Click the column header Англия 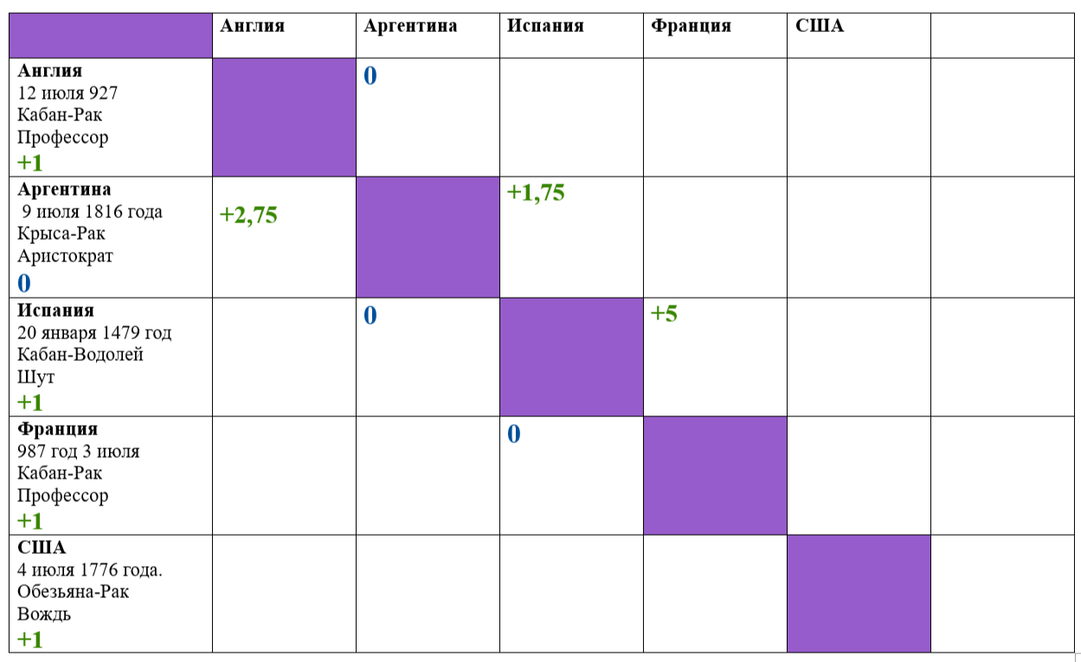tap(253, 27)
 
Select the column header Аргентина tap(410, 27)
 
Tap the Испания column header tap(545, 26)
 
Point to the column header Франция tap(691, 26)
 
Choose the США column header tap(820, 26)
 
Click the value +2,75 tap(248, 215)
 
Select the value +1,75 tap(536, 192)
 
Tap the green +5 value tap(664, 313)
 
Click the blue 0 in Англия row tap(370, 76)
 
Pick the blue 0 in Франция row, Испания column tap(514, 434)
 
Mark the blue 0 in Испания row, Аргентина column tap(370, 315)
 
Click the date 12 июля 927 tap(68, 93)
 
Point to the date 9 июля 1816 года tap(92, 212)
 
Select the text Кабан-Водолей tap(80, 355)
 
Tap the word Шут tap(35, 376)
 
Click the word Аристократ tap(65, 256)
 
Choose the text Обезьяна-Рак tap(73, 592)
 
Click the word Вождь tap(44, 614)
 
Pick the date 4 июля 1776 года tap(90, 570)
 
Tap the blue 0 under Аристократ tap(24, 283)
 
